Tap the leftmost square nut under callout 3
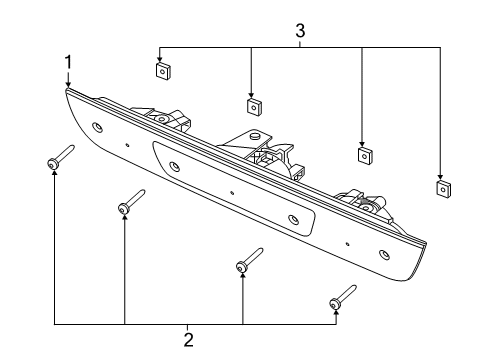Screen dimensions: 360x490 160,70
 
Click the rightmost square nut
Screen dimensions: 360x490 440,187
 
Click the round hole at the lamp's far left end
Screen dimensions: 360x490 97,128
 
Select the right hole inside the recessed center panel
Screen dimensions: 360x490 293,219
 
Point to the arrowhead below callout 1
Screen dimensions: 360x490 68,84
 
